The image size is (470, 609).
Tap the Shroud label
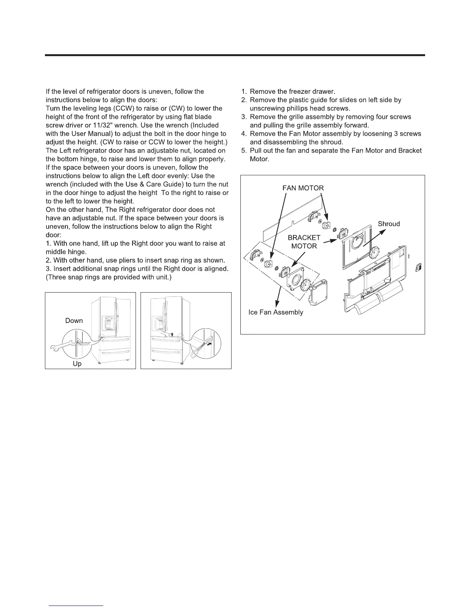click(x=389, y=224)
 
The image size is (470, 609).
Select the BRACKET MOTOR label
click(x=304, y=242)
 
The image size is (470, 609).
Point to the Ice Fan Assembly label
click(x=276, y=312)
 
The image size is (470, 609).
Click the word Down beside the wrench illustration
click(x=74, y=321)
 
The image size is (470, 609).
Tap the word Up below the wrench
click(x=77, y=363)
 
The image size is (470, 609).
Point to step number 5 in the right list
click(x=243, y=151)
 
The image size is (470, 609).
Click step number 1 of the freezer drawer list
click(x=243, y=92)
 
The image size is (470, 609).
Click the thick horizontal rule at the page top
click(x=235, y=55)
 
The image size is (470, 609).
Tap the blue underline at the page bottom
click(x=77, y=606)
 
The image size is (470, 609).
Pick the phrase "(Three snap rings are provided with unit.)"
click(x=111, y=277)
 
